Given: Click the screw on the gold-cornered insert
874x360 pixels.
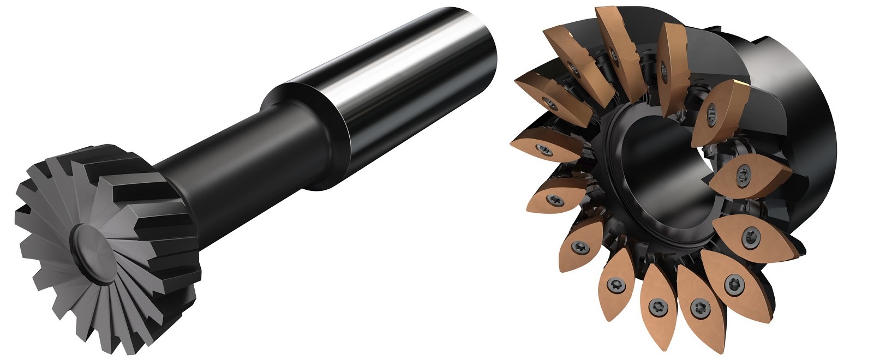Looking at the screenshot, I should [711, 113].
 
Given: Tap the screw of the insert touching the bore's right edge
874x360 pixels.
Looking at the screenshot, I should [742, 175].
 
